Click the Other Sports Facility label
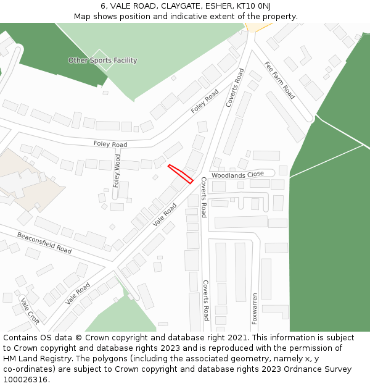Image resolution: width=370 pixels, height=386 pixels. point(102,61)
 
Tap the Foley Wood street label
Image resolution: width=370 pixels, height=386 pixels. point(117,171)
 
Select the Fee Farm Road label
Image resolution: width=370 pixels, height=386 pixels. point(279,80)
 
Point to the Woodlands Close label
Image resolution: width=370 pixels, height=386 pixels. point(237,175)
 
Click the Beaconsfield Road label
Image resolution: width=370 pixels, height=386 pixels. point(44,243)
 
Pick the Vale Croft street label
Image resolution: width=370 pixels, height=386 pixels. point(30,311)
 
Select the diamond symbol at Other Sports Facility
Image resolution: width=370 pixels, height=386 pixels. point(102,61)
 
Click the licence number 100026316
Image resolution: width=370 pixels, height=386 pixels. point(24,380)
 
